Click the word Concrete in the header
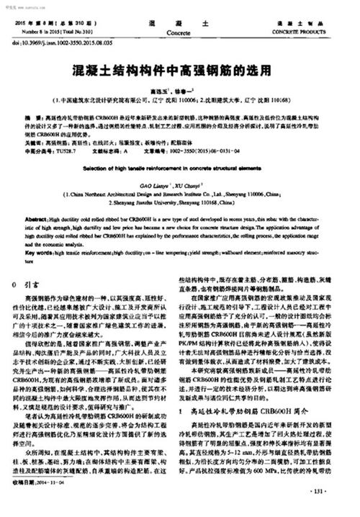[x=179, y=33]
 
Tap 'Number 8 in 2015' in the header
[x=43, y=33]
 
